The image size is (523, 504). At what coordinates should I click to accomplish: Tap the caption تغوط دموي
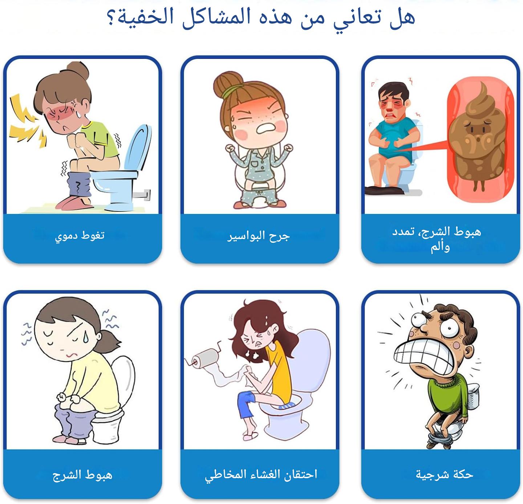80,236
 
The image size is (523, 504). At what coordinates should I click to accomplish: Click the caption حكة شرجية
445,474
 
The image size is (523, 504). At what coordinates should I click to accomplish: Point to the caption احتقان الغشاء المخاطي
261,475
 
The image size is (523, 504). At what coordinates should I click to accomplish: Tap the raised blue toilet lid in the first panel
137,148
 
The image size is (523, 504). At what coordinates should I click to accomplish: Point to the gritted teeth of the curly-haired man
422,353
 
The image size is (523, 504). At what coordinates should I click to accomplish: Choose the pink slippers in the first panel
73,203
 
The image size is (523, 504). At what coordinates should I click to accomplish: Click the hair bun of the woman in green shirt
78,70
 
